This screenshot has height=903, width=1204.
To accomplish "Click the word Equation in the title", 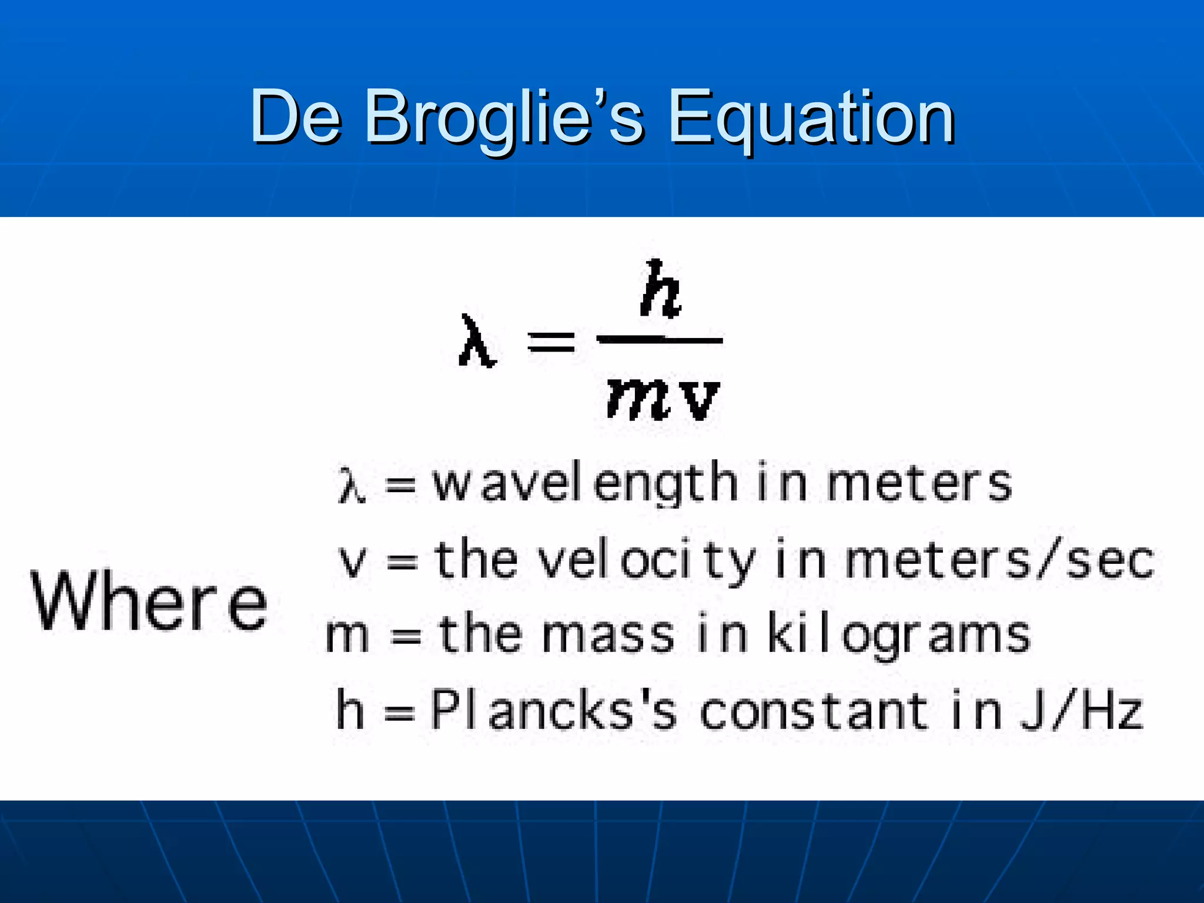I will (811, 118).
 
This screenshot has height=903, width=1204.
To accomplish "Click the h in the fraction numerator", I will (661, 290).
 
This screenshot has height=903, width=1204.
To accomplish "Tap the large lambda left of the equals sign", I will (477, 342).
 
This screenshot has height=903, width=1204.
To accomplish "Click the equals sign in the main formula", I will (551, 341).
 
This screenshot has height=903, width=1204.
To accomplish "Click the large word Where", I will (149, 601).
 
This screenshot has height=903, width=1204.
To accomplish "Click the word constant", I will (814, 711).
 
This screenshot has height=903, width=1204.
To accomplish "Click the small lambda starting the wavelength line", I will (352, 486).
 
